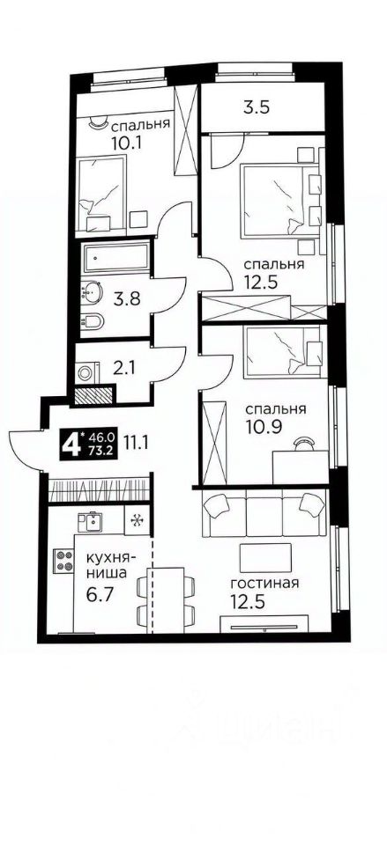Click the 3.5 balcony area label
257,107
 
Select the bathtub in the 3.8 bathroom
116,258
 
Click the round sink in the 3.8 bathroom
93,291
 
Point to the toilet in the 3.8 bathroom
93,322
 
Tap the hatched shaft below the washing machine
94,394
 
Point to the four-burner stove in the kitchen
63,560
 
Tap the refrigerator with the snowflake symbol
138,519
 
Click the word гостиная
264,584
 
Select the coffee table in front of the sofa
265,557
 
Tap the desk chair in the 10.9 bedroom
303,444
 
